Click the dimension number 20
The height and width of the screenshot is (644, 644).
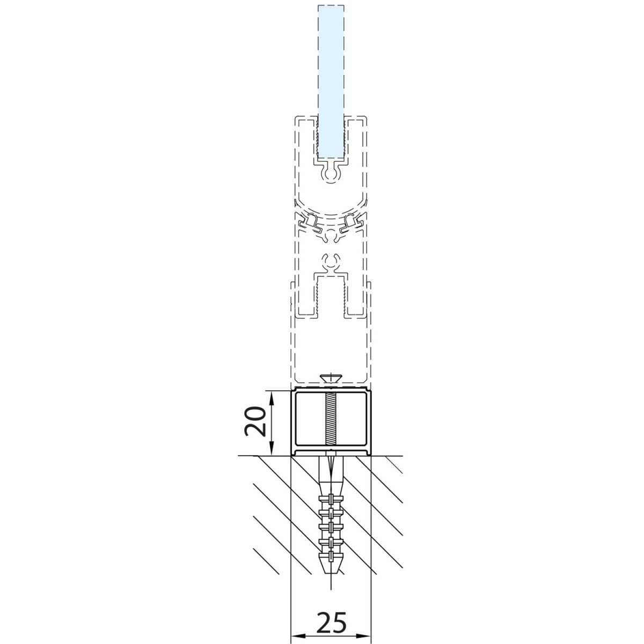click(255, 421)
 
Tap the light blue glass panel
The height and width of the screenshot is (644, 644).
click(331, 82)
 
